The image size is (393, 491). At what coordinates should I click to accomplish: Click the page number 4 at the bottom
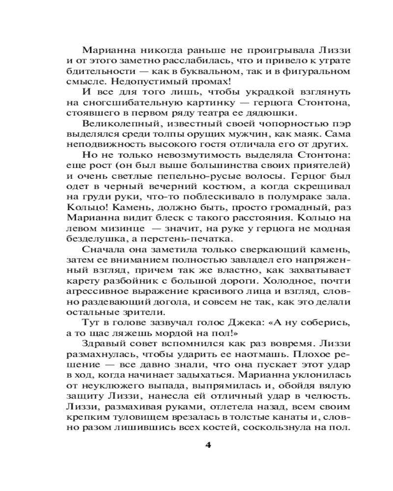point(207,445)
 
